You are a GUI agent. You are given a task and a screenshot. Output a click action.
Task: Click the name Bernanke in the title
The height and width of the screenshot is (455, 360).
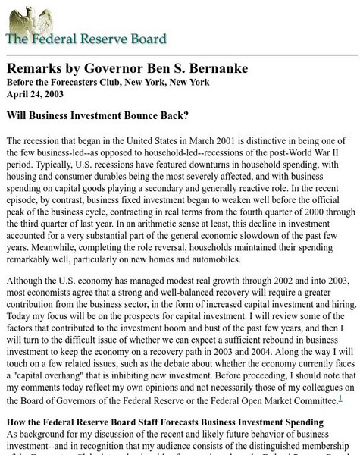pyautogui.click(x=212, y=67)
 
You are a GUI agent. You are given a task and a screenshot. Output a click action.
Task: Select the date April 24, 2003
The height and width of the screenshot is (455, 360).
pyautogui.click(x=36, y=94)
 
